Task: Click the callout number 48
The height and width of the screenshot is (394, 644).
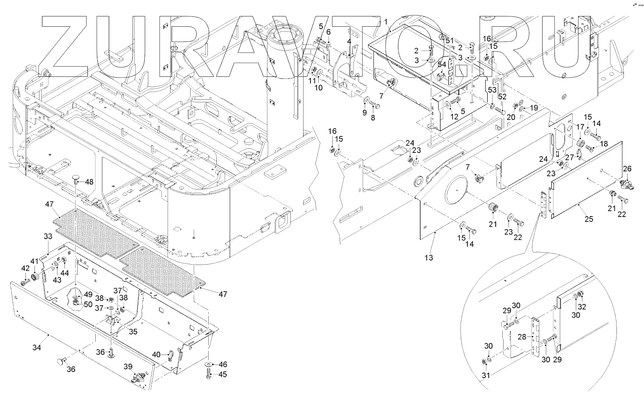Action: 89,181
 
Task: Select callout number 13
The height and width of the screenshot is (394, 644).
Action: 429,258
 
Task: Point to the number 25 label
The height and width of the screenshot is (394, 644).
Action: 589,219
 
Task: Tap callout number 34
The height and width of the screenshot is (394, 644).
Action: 37,348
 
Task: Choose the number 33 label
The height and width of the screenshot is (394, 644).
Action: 48,237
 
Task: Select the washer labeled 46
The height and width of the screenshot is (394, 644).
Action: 209,364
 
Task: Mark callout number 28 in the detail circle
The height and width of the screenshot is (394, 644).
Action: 522,337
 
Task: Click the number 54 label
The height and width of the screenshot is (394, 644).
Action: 442,65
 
